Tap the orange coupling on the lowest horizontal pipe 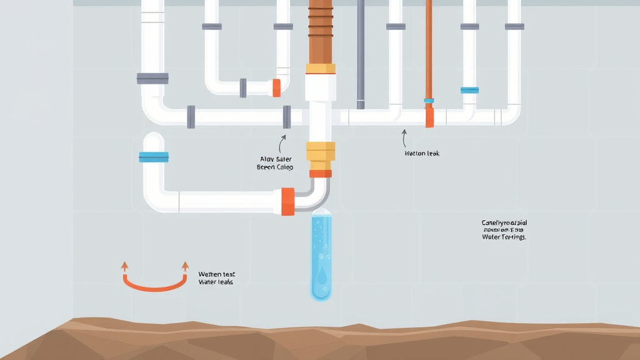(x=287, y=201)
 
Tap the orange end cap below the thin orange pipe (x=429, y=117)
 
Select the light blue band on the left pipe (x=153, y=157)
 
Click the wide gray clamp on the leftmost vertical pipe (x=152, y=78)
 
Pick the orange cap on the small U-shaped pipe (x=276, y=87)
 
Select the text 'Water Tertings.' (x=504, y=237)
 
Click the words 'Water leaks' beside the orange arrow (x=216, y=282)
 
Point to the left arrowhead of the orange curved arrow (x=124, y=266)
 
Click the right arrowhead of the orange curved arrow (x=185, y=266)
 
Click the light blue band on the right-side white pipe (x=469, y=90)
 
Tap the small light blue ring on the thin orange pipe (x=429, y=100)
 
